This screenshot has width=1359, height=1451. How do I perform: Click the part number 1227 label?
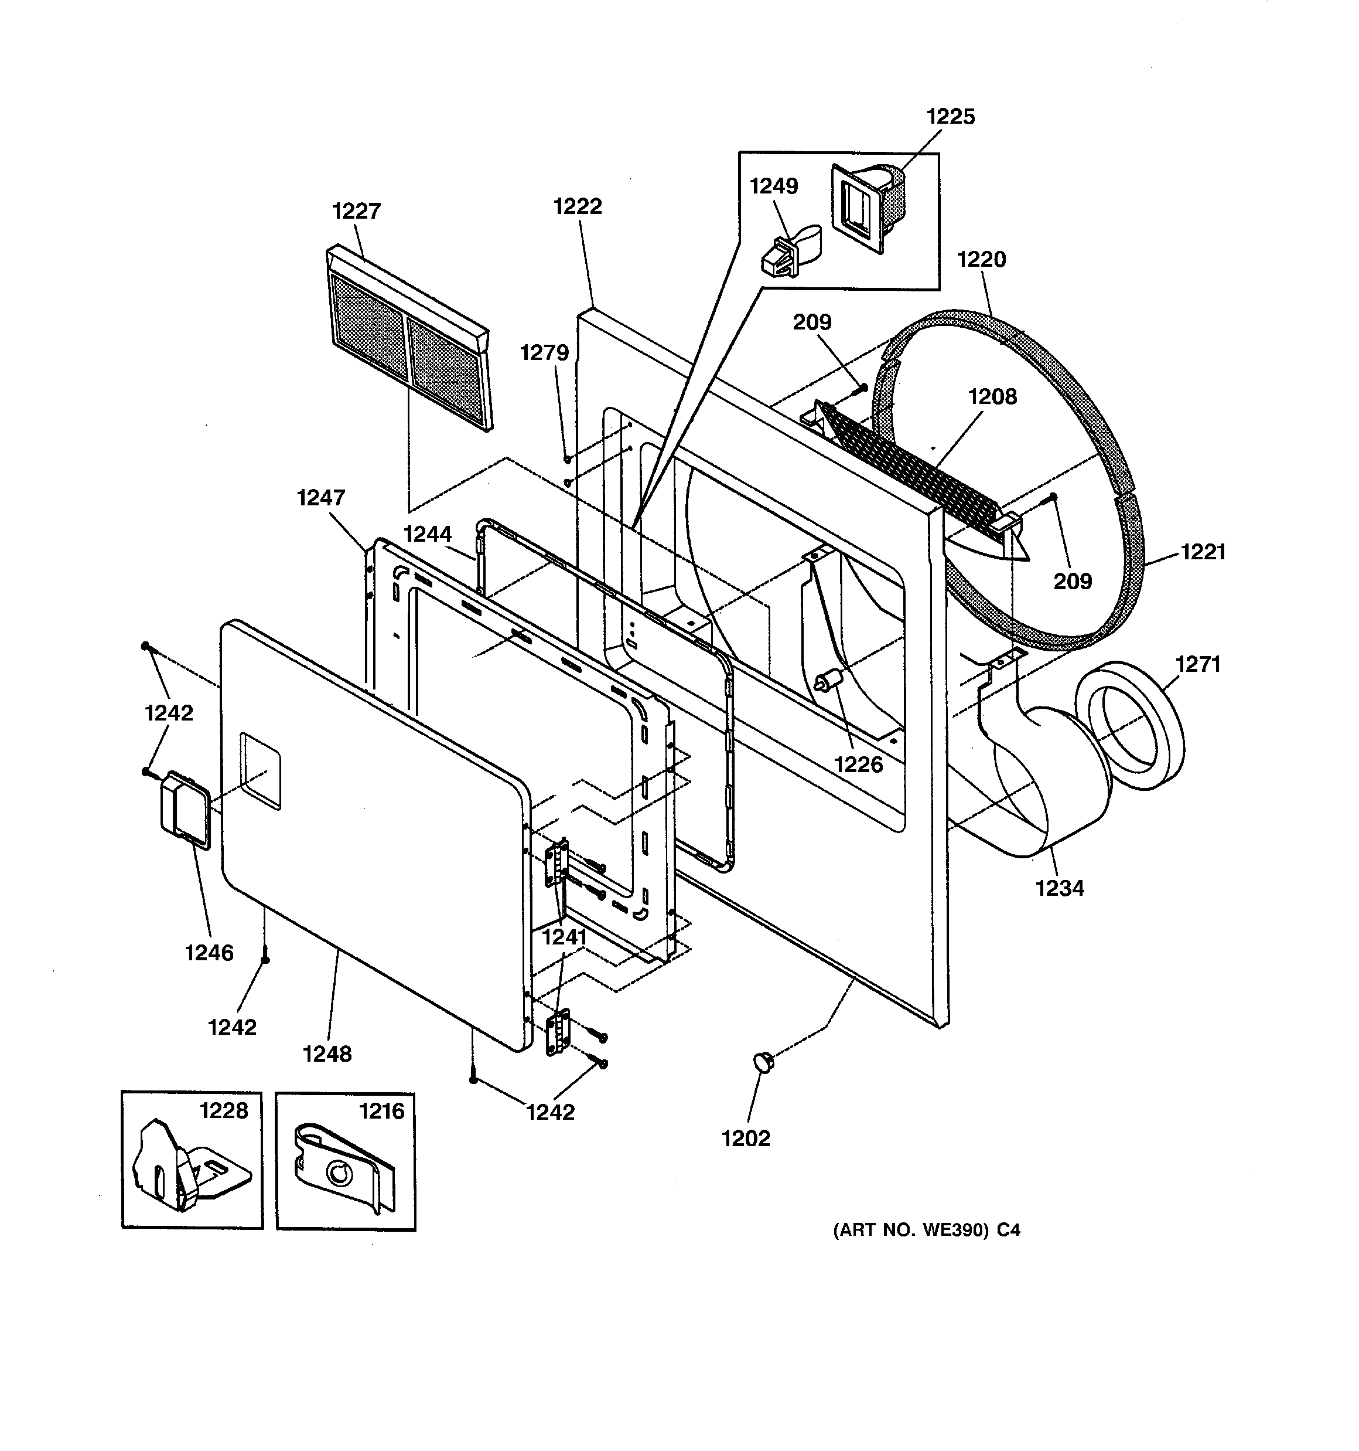click(356, 211)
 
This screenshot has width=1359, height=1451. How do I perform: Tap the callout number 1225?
click(951, 117)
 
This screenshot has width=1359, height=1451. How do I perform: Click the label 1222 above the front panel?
click(578, 206)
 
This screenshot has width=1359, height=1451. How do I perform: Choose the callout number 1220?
click(981, 259)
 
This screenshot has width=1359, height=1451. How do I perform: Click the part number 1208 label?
click(992, 396)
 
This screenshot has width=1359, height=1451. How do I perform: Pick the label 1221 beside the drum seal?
click(1204, 552)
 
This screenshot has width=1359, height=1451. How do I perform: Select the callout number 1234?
click(1059, 888)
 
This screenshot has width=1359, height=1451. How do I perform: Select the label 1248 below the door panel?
click(327, 1054)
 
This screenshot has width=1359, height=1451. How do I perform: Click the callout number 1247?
click(321, 498)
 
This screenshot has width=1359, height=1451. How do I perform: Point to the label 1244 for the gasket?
click(428, 534)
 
